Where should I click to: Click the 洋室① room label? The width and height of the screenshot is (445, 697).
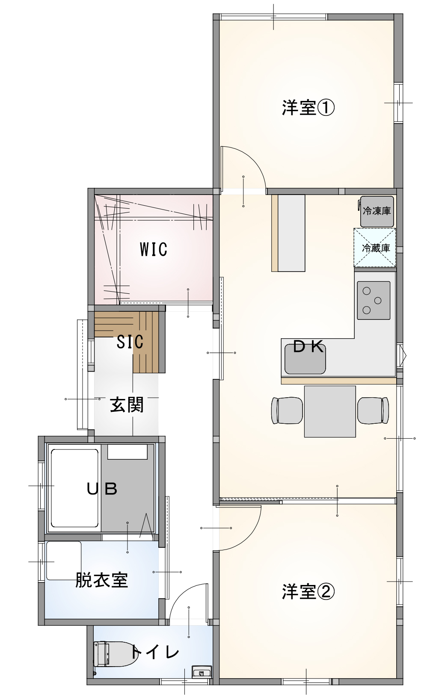[x=308, y=108]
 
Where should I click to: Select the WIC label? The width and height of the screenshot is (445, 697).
[x=154, y=249]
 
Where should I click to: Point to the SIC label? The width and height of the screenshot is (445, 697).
[x=130, y=342]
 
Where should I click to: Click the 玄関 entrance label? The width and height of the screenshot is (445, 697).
[x=127, y=405]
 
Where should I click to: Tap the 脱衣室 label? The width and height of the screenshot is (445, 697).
[x=101, y=580]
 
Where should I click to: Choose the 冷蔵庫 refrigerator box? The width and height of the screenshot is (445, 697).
[x=375, y=248]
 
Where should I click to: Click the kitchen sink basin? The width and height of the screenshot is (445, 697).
[x=305, y=359]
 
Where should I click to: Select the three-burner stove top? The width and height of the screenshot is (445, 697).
[x=374, y=300]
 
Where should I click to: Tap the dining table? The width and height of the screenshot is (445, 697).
[x=330, y=411]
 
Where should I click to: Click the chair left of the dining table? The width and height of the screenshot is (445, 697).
[x=287, y=411]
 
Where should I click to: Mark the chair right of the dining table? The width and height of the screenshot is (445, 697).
[x=373, y=411]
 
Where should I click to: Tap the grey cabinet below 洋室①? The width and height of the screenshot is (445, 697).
[x=291, y=233]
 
